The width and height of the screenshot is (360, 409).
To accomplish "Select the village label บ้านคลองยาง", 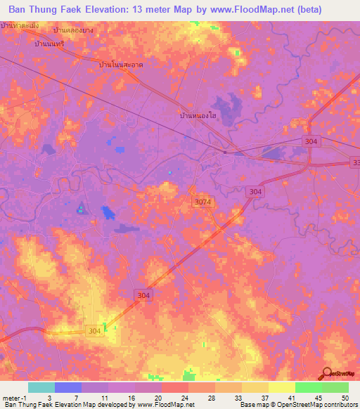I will (73, 32).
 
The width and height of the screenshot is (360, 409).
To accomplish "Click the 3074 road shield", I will (202, 202).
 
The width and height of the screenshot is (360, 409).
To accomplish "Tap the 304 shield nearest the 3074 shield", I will (256, 191).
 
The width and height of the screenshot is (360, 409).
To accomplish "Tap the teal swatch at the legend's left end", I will (41, 387).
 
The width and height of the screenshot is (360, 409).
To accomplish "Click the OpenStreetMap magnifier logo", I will (327, 374).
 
